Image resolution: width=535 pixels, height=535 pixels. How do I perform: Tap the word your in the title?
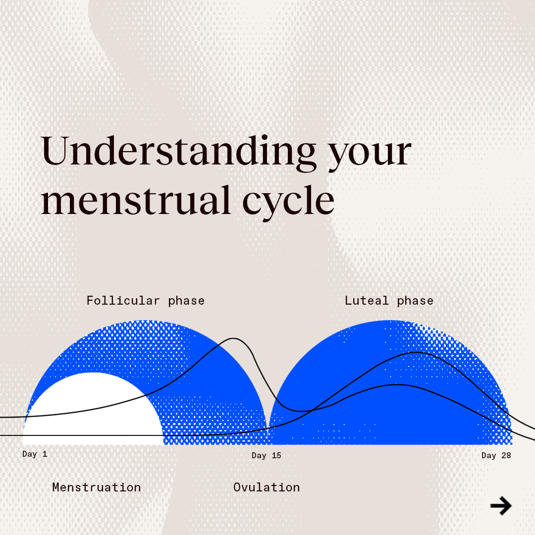(370, 154)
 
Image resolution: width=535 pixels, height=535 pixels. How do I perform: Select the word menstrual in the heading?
(136, 201)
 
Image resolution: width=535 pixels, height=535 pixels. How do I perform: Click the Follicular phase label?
(145, 301)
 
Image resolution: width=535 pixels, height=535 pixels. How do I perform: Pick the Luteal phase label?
(389, 301)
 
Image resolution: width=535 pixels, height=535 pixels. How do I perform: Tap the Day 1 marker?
(35, 454)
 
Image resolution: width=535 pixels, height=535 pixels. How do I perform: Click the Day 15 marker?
(266, 455)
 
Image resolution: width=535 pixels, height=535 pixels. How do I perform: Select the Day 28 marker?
(496, 455)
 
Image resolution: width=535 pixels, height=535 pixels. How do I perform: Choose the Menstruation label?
(97, 487)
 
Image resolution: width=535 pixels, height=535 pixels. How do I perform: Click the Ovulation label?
(267, 487)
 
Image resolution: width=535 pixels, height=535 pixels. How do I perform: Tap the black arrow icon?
(501, 506)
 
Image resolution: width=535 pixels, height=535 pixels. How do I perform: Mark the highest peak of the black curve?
(233, 339)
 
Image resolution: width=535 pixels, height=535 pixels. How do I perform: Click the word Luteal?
(367, 301)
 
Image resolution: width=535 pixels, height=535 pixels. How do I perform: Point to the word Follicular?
(123, 301)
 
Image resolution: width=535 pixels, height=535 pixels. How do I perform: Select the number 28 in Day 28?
(506, 455)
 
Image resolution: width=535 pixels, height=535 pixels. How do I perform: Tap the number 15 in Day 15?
(276, 455)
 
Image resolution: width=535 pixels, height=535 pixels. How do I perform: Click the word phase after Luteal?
(415, 301)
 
